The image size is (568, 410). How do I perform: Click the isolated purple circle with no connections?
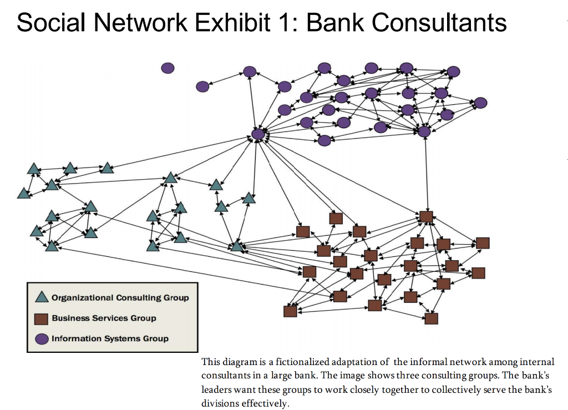click(x=168, y=68)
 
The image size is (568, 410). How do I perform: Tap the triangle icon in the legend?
click(x=42, y=297)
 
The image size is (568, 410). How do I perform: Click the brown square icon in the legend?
click(x=42, y=318)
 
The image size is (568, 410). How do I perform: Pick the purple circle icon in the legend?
click(x=42, y=338)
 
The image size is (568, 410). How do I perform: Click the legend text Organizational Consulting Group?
click(x=120, y=298)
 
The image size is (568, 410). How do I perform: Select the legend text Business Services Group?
click(x=104, y=318)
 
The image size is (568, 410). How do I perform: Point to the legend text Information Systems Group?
click(x=110, y=338)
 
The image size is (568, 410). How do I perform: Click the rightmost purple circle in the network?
click(x=481, y=103)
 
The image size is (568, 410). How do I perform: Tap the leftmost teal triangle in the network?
click(x=23, y=193)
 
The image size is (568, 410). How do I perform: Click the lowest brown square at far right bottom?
click(x=431, y=318)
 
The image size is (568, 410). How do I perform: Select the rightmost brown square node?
click(x=483, y=243)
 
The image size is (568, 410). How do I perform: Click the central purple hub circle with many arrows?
click(x=258, y=134)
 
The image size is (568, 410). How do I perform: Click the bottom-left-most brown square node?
click(x=290, y=311)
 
